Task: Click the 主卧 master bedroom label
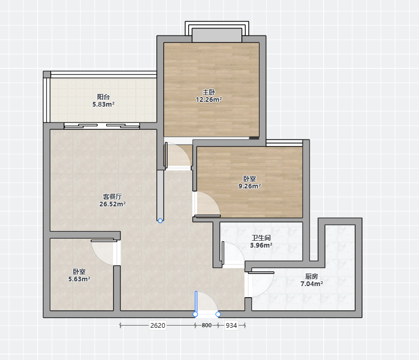pyautogui.click(x=209, y=92)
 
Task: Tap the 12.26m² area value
pyautogui.click(x=209, y=100)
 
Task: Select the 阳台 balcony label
pyautogui.click(x=104, y=97)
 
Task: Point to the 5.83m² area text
pyautogui.click(x=104, y=105)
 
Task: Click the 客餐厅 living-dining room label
pyautogui.click(x=113, y=197)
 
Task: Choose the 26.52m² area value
pyautogui.click(x=113, y=204)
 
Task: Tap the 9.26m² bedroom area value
pyautogui.click(x=249, y=186)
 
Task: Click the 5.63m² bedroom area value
pyautogui.click(x=79, y=279)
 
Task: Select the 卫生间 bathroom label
pyautogui.click(x=261, y=238)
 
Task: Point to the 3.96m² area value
pyautogui.click(x=261, y=245)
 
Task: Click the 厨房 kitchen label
pyautogui.click(x=312, y=277)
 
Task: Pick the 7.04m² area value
pyautogui.click(x=312, y=283)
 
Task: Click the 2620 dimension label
pyautogui.click(x=157, y=325)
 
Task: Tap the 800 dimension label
pyautogui.click(x=207, y=325)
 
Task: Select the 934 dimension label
pyautogui.click(x=231, y=325)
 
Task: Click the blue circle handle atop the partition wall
pyautogui.click(x=160, y=221)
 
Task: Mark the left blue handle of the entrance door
pyautogui.click(x=195, y=315)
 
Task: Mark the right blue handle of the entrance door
pyautogui.click(x=218, y=315)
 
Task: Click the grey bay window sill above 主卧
pyautogui.click(x=217, y=35)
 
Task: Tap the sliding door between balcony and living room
pyautogui.click(x=102, y=126)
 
